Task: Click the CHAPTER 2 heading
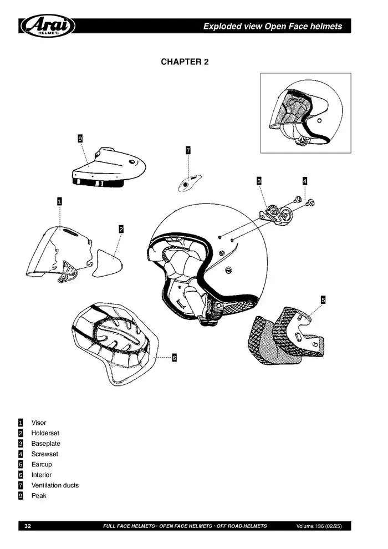pos(185,62)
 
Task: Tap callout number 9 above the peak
pos(80,139)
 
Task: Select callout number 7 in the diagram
pos(188,150)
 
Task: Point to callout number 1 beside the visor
pos(59,201)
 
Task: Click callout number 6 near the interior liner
pos(173,358)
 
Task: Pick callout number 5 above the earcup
pos(323,300)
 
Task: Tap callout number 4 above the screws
pos(304,181)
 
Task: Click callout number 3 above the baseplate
pos(259,181)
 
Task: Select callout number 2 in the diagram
pos(121,228)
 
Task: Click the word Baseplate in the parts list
pos(45,444)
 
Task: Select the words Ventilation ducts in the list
pos(55,485)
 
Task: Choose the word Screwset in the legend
pos(44,454)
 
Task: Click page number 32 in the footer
pos(27,526)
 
